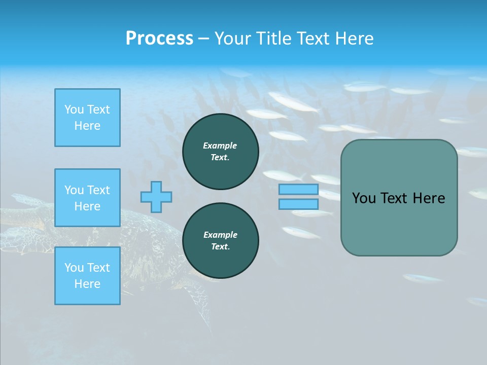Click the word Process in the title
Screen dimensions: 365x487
pyautogui.click(x=159, y=39)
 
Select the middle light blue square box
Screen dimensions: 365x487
pyautogui.click(x=87, y=198)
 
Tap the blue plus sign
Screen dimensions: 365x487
pyautogui.click(x=156, y=197)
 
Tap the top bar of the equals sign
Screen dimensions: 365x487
pyautogui.click(x=298, y=190)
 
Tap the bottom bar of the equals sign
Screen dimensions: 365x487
pyautogui.click(x=298, y=204)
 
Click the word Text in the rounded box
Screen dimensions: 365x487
pyautogui.click(x=396, y=198)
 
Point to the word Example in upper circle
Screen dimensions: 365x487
pyautogui.click(x=220, y=145)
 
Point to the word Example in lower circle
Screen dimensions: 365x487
pyautogui.click(x=220, y=235)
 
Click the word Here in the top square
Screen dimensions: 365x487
pyautogui.click(x=87, y=126)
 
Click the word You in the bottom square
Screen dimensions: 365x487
pyautogui.click(x=74, y=268)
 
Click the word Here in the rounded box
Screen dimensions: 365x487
pyautogui.click(x=429, y=198)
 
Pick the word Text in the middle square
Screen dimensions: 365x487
pyautogui.click(x=98, y=190)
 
